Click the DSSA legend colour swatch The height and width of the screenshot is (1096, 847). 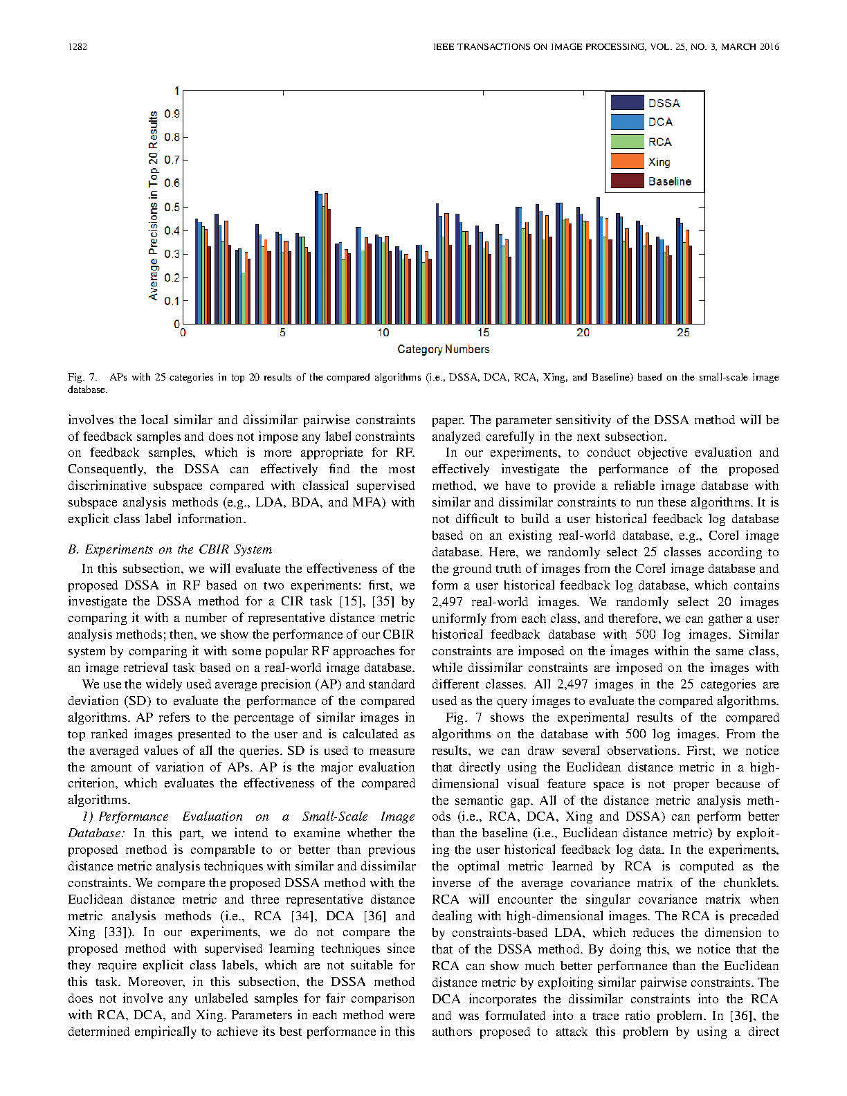tap(627, 102)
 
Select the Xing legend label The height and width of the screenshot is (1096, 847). tap(659, 162)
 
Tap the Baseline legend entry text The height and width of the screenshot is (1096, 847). tap(669, 181)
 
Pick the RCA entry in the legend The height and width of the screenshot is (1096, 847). tap(659, 142)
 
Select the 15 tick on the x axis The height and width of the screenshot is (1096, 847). tap(483, 333)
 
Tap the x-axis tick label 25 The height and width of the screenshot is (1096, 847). tap(683, 333)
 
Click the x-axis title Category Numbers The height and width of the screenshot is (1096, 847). tap(443, 349)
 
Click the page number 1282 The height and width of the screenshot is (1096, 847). tap(78, 47)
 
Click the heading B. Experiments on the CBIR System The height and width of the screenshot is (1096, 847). tap(170, 549)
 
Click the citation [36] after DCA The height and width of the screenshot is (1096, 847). tap(375, 915)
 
